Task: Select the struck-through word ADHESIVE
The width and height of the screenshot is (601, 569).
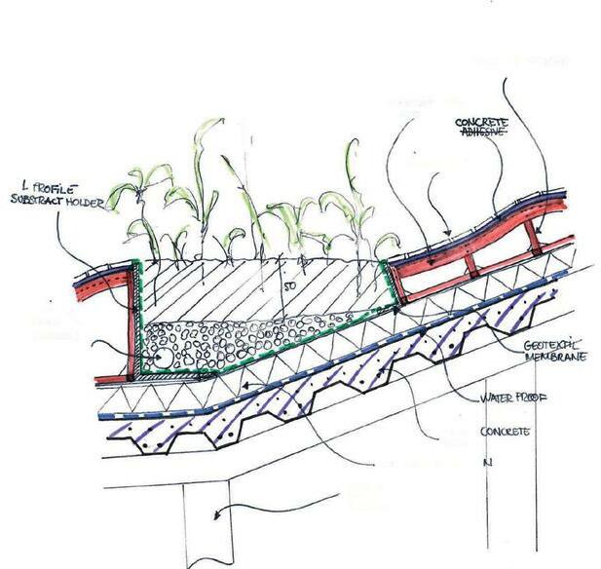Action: (482, 134)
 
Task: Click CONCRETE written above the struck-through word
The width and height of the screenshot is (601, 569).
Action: (483, 122)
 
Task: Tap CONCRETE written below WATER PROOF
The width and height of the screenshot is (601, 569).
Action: (505, 430)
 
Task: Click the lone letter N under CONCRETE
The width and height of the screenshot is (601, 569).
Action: (484, 463)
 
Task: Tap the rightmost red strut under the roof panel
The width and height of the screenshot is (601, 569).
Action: (531, 237)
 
